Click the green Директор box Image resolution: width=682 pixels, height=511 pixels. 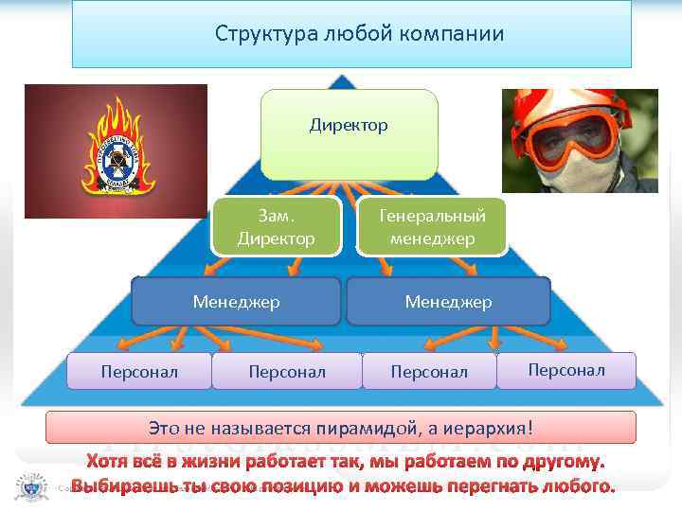pos(349,134)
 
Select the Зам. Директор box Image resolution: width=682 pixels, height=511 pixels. pos(276,227)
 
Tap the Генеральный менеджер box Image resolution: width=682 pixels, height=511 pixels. pos(432,227)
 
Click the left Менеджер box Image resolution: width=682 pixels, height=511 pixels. pos(236,302)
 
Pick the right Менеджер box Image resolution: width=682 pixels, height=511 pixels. pos(448,302)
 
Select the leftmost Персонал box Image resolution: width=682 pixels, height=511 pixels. pos(139,372)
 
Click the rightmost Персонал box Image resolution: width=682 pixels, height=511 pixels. pos(565,370)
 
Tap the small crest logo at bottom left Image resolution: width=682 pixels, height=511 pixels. pos(26,487)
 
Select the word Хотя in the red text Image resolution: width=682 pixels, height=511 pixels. pos(110,462)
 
